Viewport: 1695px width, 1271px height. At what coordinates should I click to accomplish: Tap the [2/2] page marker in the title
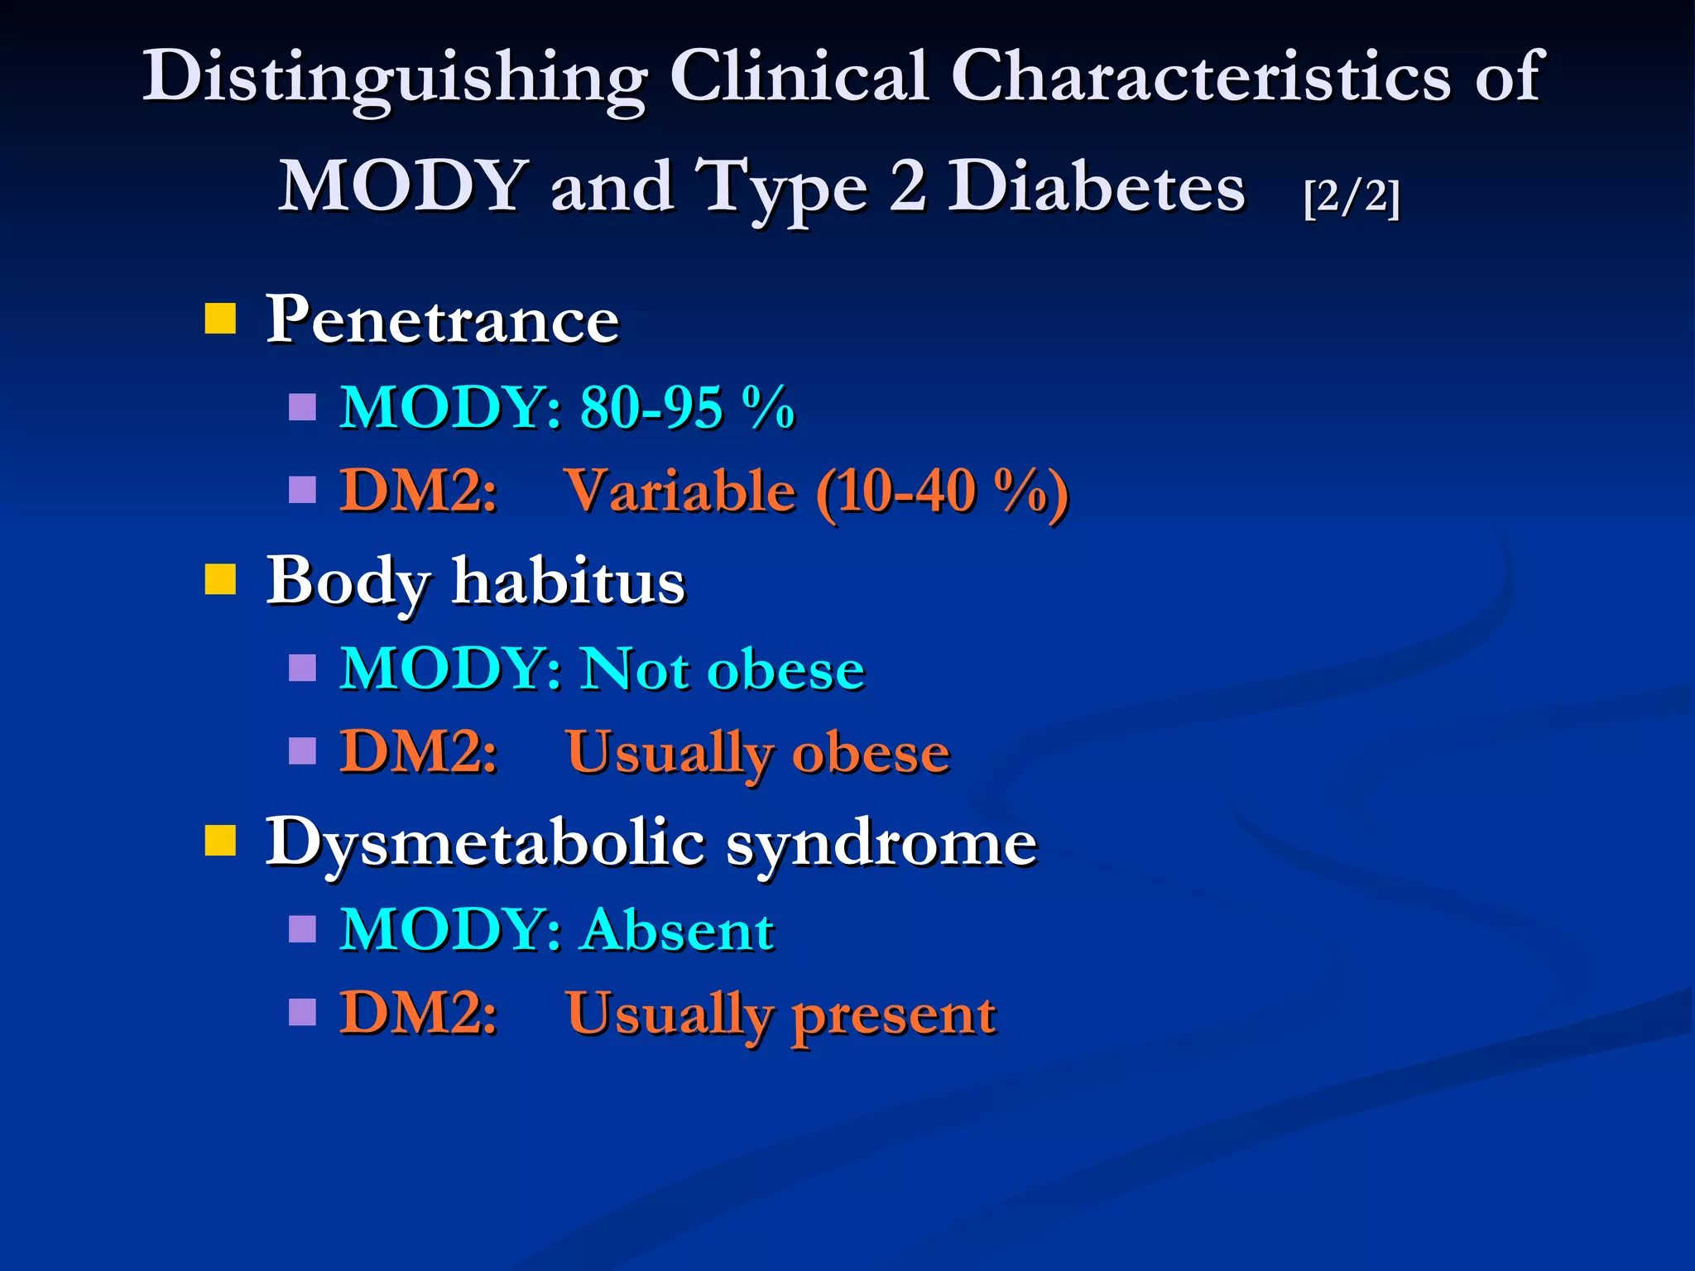click(x=1351, y=197)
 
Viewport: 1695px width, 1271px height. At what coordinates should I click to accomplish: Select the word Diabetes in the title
click(x=1095, y=187)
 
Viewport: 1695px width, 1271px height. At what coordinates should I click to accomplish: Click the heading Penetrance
click(x=442, y=319)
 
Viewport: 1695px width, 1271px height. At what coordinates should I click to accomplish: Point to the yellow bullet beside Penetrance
click(x=220, y=318)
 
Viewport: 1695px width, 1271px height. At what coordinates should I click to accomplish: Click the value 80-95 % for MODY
click(x=686, y=408)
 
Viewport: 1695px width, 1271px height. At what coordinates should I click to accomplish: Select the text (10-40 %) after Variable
click(x=942, y=493)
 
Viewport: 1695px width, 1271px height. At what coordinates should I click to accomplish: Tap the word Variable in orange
click(x=680, y=492)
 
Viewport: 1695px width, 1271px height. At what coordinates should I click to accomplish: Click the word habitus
click(x=569, y=581)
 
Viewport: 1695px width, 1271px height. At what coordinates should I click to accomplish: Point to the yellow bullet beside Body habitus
click(x=220, y=579)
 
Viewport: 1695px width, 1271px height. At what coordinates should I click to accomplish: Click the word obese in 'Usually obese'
click(x=871, y=753)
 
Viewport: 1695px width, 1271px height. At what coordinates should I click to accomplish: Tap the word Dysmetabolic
click(x=485, y=843)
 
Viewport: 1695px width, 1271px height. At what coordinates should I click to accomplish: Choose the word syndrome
click(x=881, y=843)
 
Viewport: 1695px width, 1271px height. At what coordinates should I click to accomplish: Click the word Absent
click(x=679, y=930)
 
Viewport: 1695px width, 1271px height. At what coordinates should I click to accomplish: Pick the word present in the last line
click(x=894, y=1014)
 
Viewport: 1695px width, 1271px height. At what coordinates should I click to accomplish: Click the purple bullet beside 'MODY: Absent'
click(x=302, y=928)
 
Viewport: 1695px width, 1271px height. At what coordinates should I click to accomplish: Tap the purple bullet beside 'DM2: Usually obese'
click(x=302, y=751)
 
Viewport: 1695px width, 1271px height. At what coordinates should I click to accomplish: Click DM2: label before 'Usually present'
click(x=419, y=1013)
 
